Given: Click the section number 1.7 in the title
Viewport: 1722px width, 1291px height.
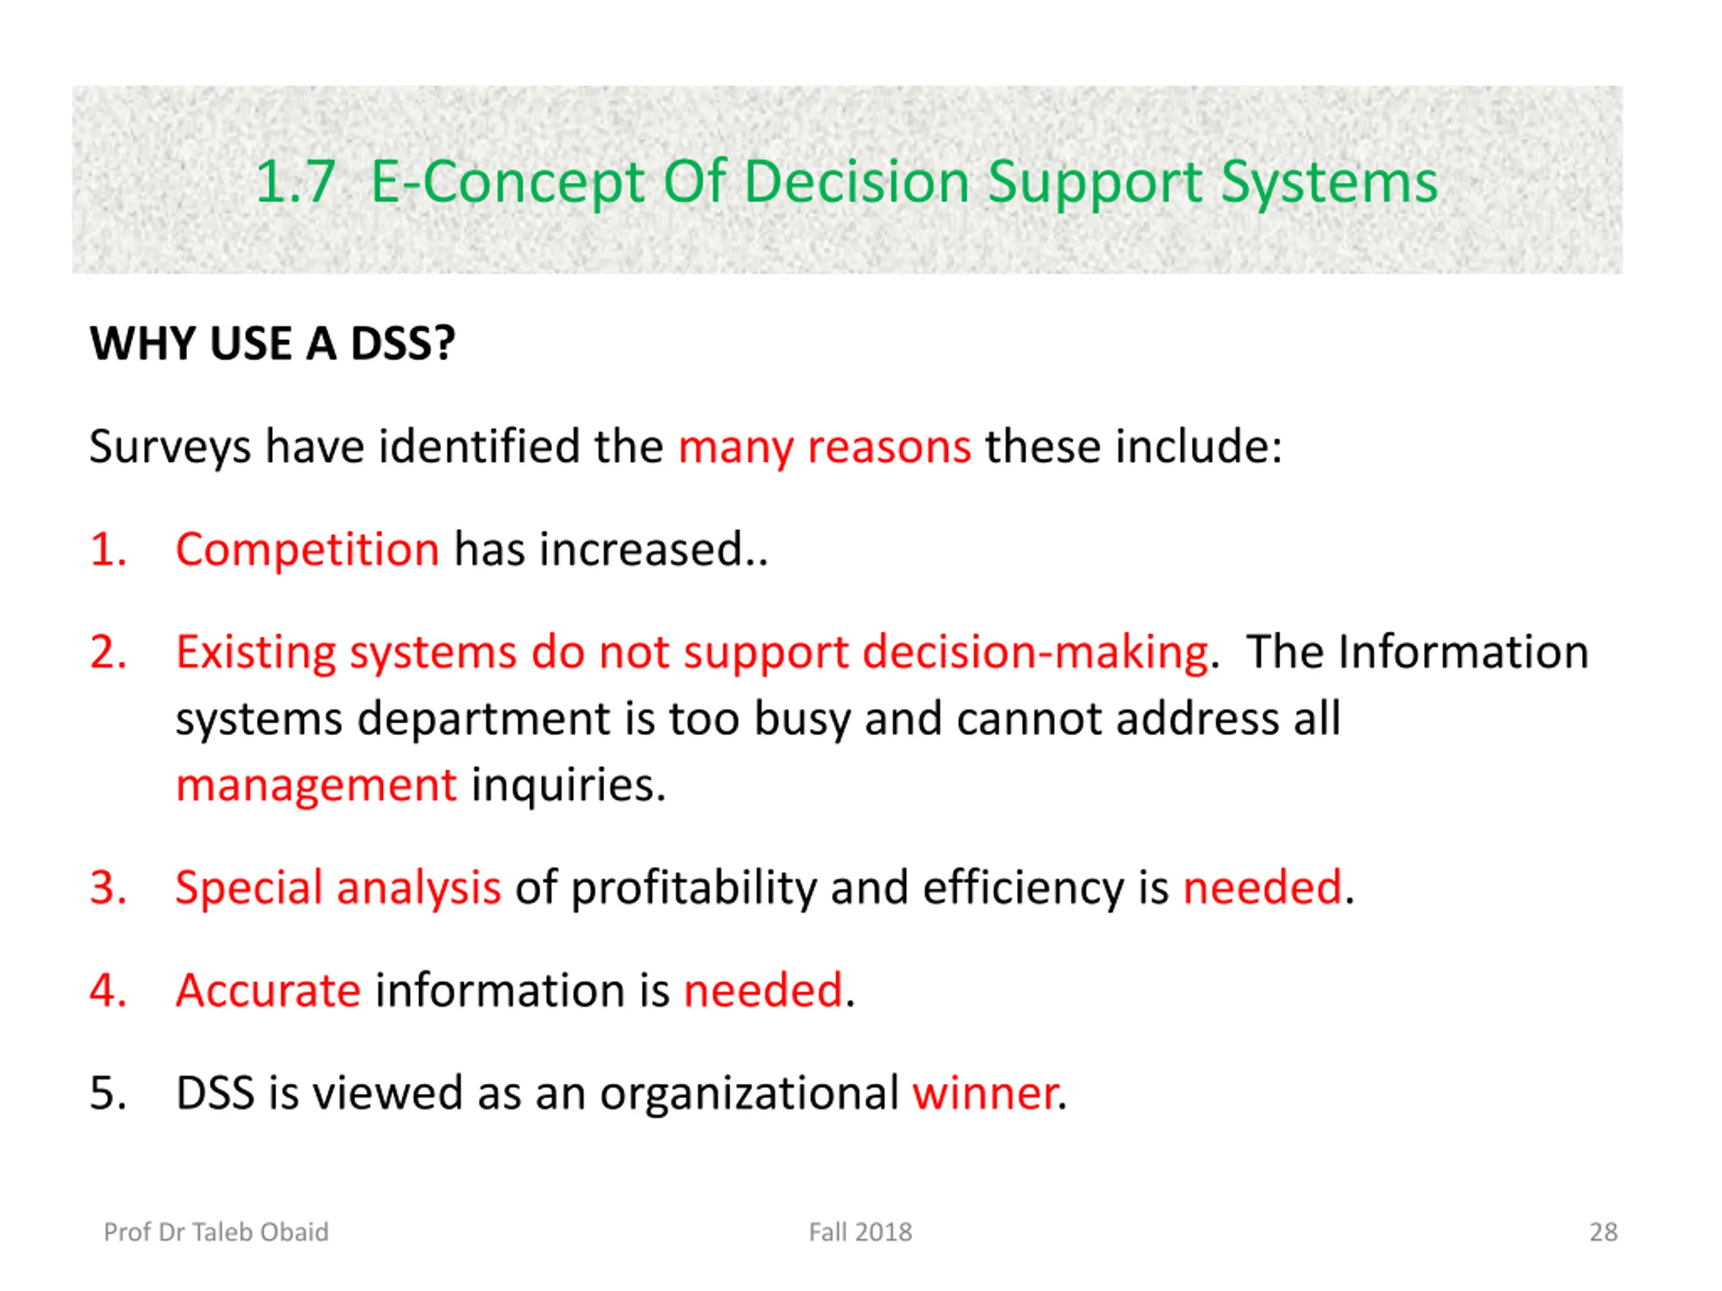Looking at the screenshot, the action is [296, 182].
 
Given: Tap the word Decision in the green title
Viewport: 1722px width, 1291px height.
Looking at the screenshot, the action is [856, 182].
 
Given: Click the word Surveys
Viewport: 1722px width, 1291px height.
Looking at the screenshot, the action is [170, 447].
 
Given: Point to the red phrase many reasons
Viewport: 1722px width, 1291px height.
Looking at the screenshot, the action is [825, 447].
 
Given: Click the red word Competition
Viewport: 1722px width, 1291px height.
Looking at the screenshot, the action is [307, 550].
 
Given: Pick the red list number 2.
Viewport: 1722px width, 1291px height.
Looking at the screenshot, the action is [108, 652].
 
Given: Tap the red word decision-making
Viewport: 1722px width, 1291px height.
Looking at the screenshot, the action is [1035, 652].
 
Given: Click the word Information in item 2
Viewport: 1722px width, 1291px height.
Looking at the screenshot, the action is [1464, 652].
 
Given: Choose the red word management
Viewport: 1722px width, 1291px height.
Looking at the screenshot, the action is [316, 785].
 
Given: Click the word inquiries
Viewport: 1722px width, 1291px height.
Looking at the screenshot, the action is [568, 785].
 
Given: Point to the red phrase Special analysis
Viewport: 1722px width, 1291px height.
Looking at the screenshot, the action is [338, 888].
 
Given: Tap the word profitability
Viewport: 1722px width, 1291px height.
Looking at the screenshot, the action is [694, 888].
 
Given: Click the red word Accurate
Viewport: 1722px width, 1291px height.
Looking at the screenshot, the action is [268, 990].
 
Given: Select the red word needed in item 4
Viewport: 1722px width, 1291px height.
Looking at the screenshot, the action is [763, 990].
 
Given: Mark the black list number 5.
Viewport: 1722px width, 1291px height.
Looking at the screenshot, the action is [108, 1093].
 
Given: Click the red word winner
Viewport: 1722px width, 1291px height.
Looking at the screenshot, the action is [985, 1093].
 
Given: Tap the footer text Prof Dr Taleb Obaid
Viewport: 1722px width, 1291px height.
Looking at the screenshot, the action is [217, 1232].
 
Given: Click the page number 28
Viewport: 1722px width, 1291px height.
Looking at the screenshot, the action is [1604, 1232].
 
